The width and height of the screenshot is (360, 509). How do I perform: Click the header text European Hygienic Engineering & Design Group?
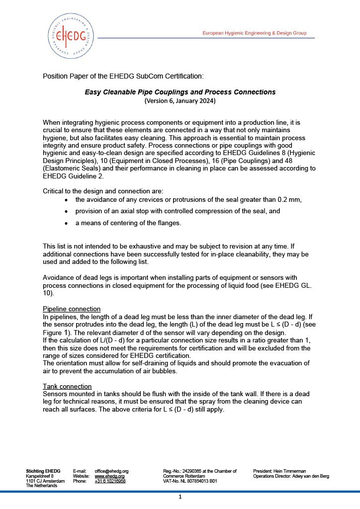click(254, 33)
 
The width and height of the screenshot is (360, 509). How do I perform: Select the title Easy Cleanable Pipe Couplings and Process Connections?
click(180, 92)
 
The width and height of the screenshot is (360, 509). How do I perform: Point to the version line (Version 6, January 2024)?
click(180, 100)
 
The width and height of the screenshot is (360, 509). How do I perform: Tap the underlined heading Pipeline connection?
click(72, 309)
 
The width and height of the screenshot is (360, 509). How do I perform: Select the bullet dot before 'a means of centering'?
click(67, 224)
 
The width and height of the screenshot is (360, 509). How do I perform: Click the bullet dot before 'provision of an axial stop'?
click(67, 211)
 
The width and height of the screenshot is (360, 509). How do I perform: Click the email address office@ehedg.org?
click(111, 471)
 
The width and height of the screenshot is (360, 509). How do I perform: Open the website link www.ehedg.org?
click(109, 476)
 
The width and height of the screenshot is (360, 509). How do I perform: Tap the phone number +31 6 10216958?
click(110, 481)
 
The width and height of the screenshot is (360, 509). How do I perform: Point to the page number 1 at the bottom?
click(180, 497)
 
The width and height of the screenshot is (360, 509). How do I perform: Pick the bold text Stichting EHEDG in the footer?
click(43, 471)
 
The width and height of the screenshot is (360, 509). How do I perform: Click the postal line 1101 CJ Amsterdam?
click(45, 481)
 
